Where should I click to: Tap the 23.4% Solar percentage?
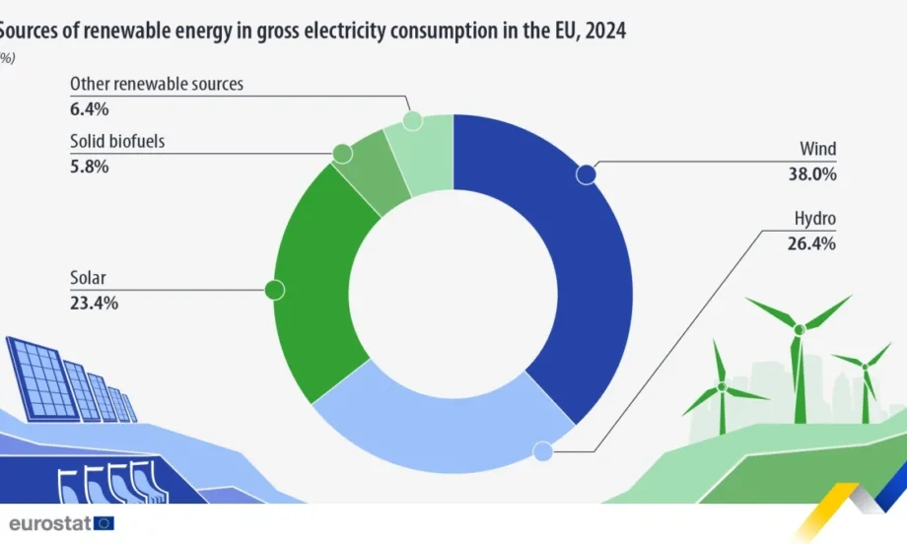tap(94, 304)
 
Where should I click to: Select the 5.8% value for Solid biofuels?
tap(89, 167)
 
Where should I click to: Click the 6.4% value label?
tap(89, 108)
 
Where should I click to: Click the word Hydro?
tap(814, 219)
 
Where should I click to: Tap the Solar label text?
tap(89, 279)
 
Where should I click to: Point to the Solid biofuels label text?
tap(117, 142)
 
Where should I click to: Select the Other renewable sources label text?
tap(156, 85)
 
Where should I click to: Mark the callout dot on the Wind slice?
tap(587, 174)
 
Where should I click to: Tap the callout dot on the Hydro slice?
tap(541, 452)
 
